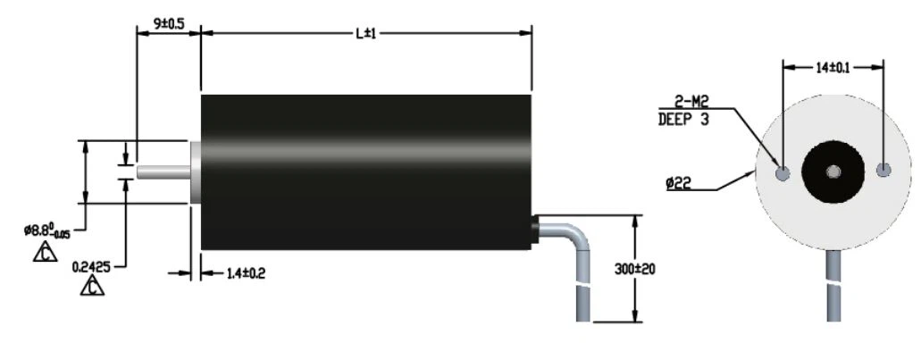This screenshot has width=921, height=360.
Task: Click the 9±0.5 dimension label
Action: pos(169,24)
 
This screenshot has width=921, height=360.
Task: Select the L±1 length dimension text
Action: pos(365,33)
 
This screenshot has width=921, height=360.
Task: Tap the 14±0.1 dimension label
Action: pos(833,68)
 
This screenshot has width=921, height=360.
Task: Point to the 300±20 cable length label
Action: pos(635,269)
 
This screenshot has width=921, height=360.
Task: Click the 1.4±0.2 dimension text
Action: pos(246,273)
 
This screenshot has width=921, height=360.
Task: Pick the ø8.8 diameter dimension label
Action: pos(47,230)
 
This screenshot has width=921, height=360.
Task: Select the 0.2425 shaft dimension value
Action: pos(91,267)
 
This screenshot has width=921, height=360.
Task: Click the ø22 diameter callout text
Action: pos(678,184)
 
